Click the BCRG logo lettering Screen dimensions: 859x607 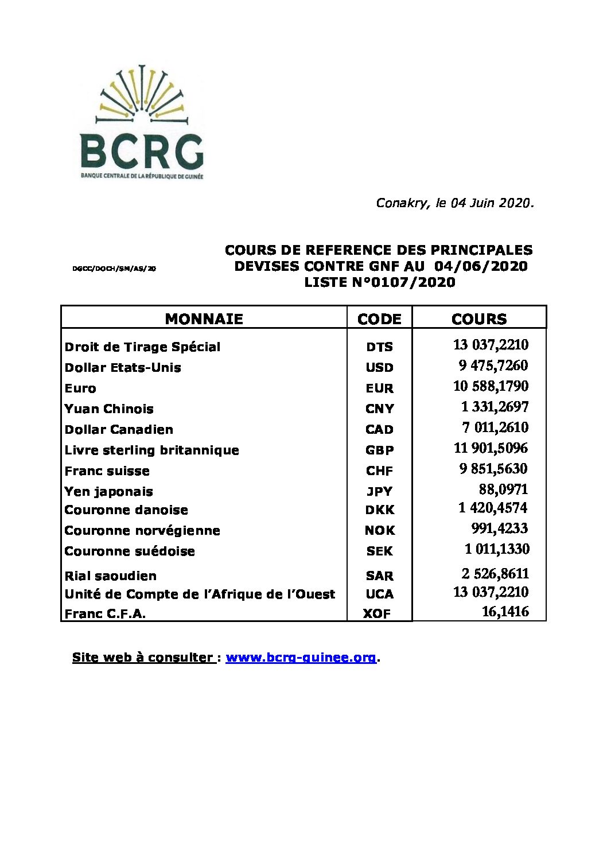point(142,151)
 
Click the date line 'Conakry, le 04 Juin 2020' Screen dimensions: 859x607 point(455,203)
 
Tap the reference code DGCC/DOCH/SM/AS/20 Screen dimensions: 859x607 point(114,269)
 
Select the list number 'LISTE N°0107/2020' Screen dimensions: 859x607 point(380,282)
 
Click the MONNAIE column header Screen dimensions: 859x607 point(204,319)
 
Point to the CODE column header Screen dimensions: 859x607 point(379,319)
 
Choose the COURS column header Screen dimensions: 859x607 point(479,319)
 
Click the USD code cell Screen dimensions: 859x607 point(379,367)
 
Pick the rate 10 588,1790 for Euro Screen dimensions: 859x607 point(491,386)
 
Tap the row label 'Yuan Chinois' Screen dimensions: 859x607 point(109,409)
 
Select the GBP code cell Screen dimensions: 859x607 point(379,450)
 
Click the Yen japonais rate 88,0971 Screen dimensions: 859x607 point(503,489)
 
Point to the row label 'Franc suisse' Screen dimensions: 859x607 point(107,471)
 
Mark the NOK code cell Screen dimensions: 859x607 point(379,530)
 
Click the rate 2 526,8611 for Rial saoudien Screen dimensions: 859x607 point(495,574)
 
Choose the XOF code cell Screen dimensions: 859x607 point(377,613)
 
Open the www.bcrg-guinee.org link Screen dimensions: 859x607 point(301,658)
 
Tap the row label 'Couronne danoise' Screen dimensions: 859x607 point(126,510)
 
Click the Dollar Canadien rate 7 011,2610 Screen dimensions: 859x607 point(495,427)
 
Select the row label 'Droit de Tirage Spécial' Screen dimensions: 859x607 point(142,347)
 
